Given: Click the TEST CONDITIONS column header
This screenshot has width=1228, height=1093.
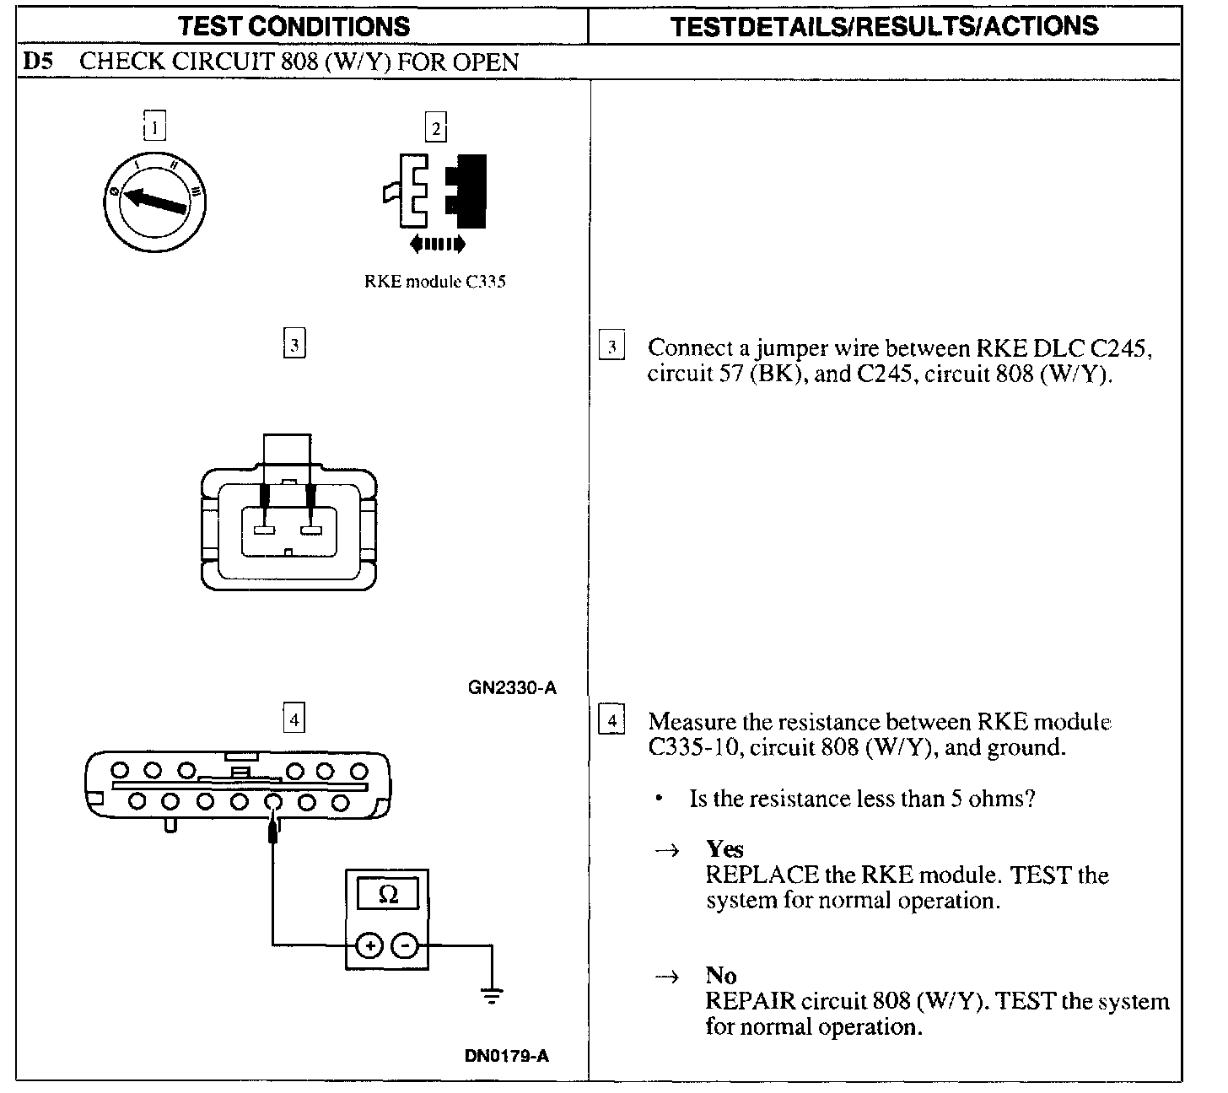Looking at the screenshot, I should [x=294, y=25].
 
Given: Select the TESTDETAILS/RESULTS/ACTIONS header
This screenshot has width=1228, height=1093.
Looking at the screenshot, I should [x=885, y=25].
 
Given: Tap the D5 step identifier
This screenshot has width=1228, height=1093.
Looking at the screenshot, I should [x=38, y=62].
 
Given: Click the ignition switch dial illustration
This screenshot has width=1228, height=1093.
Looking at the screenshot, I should [x=154, y=200].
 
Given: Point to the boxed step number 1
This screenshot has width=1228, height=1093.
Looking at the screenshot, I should [x=154, y=127].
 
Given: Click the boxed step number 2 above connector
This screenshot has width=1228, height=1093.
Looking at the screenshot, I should [x=435, y=128].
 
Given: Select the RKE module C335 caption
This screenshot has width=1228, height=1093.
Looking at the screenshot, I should [x=434, y=282].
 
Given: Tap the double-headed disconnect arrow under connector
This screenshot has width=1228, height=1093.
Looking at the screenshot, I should [x=436, y=245].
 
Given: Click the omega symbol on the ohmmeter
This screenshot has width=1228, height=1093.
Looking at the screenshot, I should [x=388, y=894].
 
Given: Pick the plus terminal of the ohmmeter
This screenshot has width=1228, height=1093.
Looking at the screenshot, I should [x=369, y=946].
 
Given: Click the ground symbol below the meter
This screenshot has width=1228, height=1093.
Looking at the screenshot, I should [x=492, y=995].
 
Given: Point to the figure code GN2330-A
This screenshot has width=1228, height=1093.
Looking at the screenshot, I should [x=512, y=687].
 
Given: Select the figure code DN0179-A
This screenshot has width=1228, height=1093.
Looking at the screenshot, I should [x=507, y=1056].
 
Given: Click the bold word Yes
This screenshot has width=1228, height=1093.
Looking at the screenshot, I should [x=724, y=849].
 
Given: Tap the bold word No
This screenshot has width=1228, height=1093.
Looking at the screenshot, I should [x=721, y=976].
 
